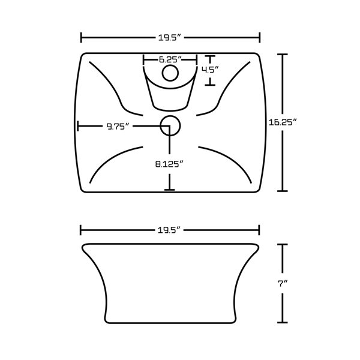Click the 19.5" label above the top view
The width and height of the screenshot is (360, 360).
(x=170, y=38)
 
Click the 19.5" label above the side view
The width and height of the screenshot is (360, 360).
(x=170, y=230)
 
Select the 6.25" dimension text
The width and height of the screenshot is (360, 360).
(x=170, y=59)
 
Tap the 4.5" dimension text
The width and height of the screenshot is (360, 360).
(x=210, y=70)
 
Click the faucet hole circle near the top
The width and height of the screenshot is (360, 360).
(x=170, y=74)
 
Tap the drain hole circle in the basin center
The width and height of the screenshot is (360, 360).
(x=170, y=125)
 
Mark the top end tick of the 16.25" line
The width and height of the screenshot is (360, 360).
(x=283, y=55)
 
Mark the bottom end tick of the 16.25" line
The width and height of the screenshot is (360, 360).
(x=283, y=191)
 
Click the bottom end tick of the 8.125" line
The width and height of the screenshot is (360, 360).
(x=170, y=191)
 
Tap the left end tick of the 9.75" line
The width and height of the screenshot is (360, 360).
(x=78, y=126)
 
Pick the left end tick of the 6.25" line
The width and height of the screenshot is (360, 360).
(x=143, y=59)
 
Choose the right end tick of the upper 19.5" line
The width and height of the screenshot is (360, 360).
(x=259, y=38)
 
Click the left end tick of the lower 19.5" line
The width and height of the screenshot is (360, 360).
(x=82, y=230)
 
